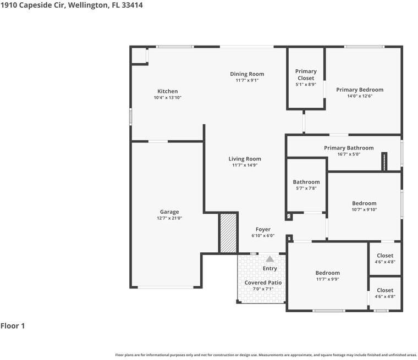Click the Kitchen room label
[167, 91]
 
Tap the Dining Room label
[247, 74]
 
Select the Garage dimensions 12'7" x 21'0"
[169, 218]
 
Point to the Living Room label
[245, 159]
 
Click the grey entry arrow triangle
[270, 259]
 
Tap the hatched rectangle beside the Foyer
[228, 232]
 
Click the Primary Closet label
[306, 75]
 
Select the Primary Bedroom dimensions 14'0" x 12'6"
[360, 96]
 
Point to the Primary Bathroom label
[349, 148]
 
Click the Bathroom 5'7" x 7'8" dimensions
[306, 188]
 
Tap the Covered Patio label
[263, 283]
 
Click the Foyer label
[263, 229]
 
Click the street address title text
[71, 5]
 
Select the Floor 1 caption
[13, 325]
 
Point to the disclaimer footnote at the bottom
[266, 355]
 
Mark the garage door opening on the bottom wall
[166, 287]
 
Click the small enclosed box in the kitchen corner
[139, 56]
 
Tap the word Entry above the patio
[270, 268]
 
